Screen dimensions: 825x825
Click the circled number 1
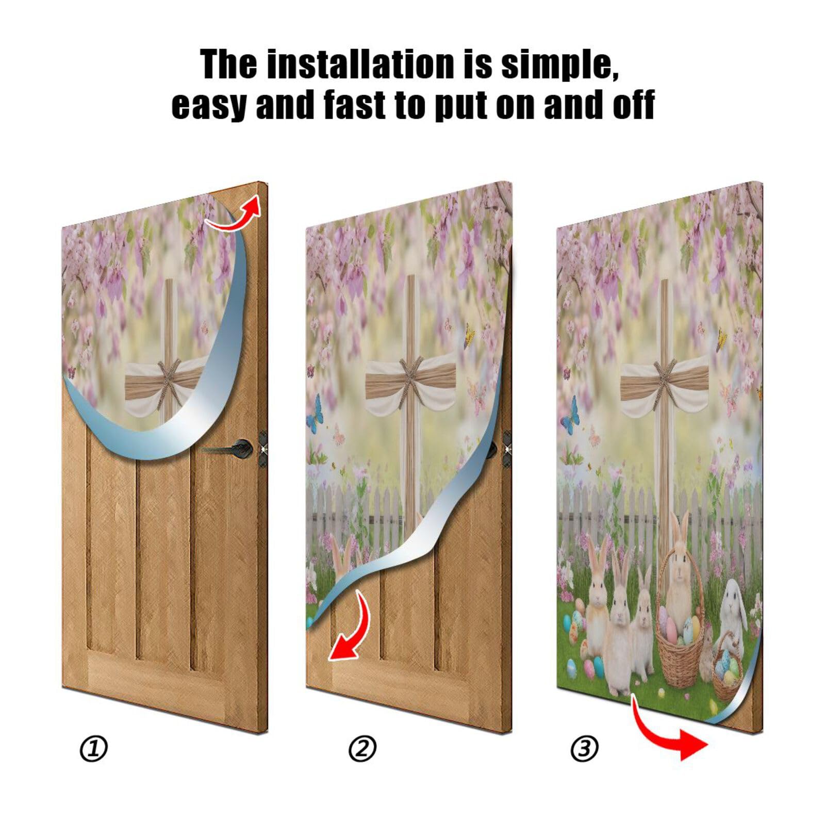93,749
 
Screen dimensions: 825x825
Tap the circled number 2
362,749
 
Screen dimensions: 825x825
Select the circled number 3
584,749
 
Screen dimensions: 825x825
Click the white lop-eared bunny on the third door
732,603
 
